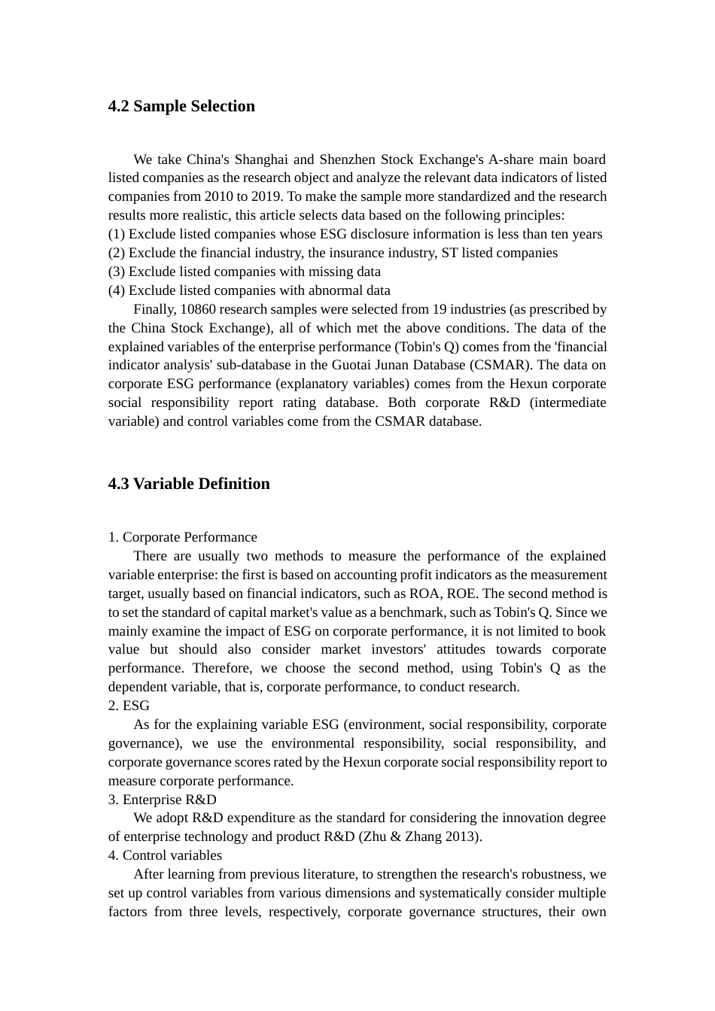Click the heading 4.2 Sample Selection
[x=181, y=106]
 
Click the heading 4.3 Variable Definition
[x=189, y=484]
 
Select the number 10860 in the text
[x=198, y=309]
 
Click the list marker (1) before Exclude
[x=117, y=234]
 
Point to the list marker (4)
[x=117, y=290]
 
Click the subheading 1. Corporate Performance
[x=182, y=537]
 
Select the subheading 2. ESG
[x=129, y=706]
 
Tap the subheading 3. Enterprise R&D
[x=162, y=800]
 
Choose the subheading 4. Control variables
[x=165, y=855]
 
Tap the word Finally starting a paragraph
[x=154, y=309]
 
